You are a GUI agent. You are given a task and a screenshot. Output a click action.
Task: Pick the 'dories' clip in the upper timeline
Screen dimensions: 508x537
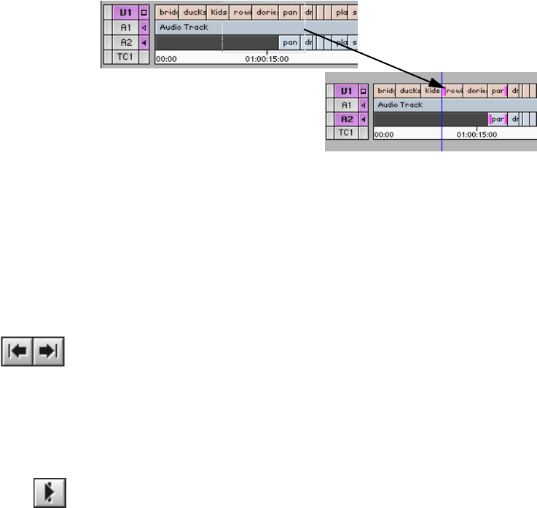(266, 12)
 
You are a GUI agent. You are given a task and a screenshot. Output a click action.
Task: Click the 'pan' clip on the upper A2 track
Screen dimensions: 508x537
(291, 42)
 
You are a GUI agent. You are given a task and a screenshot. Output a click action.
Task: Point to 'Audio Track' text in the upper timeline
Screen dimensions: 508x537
(184, 27)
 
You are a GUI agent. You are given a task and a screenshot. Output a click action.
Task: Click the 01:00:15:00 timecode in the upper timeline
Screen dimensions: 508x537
(267, 59)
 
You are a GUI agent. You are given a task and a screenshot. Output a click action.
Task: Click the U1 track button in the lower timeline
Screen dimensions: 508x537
(346, 91)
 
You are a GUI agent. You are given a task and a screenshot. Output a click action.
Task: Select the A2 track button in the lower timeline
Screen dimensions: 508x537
(346, 119)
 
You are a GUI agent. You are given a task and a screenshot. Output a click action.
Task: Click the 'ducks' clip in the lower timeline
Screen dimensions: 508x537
(410, 91)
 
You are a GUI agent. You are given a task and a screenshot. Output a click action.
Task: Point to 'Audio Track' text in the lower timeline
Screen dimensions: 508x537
(400, 105)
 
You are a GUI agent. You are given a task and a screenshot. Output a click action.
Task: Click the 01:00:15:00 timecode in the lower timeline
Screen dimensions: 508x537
(477, 135)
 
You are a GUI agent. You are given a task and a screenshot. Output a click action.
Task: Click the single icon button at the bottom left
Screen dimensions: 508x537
(49, 492)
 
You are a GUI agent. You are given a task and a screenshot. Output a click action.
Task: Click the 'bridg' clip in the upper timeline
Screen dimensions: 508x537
(168, 12)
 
